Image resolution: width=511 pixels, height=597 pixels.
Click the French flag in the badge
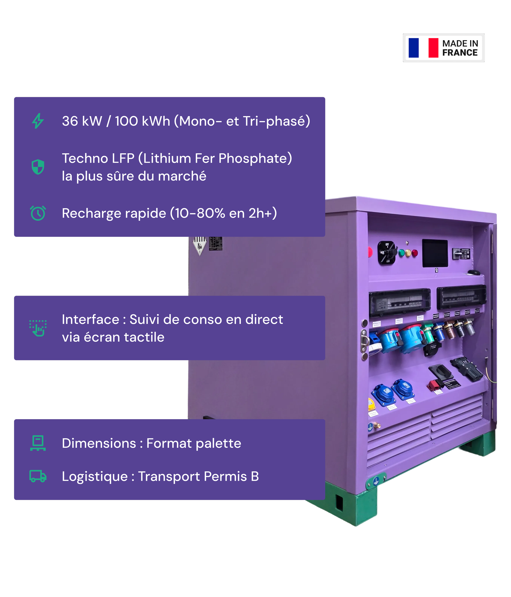(x=423, y=48)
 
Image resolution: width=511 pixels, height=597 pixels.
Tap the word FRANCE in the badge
(x=460, y=53)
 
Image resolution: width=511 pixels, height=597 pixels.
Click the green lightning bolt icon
(x=38, y=121)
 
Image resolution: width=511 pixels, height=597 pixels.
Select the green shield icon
(x=38, y=167)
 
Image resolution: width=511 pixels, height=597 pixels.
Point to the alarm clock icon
(x=38, y=213)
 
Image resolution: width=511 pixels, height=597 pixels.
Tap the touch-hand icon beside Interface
(x=38, y=328)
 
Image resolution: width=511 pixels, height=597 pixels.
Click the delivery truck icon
(x=38, y=476)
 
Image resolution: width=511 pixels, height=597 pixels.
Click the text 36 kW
(x=82, y=121)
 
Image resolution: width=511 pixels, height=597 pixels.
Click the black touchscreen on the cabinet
(x=435, y=253)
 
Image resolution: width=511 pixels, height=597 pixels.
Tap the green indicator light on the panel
(x=401, y=253)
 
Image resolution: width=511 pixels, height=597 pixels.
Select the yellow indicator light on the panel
(x=408, y=253)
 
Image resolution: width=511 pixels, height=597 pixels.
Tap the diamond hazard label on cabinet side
(x=199, y=245)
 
